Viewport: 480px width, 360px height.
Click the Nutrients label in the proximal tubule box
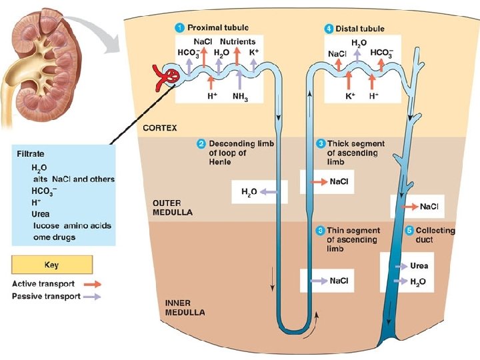click(238, 42)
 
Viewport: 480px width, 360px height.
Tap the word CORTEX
click(160, 127)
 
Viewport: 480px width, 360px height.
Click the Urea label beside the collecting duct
click(419, 266)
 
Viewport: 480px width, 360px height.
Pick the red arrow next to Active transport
click(93, 284)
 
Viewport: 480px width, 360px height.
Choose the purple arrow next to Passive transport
click(93, 296)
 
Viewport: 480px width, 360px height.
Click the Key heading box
click(51, 265)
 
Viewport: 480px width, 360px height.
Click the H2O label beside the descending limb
click(249, 193)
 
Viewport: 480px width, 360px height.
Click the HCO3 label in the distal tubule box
click(382, 53)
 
